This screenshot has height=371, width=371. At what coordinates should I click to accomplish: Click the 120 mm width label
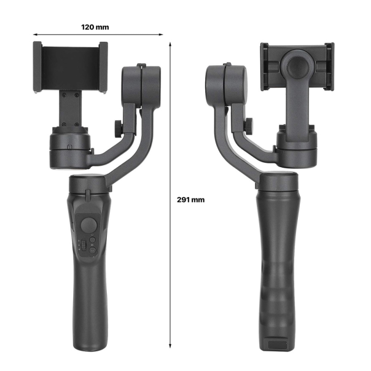[x=95, y=27]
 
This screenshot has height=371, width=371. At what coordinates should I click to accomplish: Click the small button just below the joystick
[x=92, y=240]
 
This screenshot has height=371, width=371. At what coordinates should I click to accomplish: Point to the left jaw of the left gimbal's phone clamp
[x=37, y=67]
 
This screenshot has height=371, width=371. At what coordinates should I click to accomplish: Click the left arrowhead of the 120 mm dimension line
[x=35, y=35]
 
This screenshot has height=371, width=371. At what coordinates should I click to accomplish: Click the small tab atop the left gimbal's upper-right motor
[x=141, y=64]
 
